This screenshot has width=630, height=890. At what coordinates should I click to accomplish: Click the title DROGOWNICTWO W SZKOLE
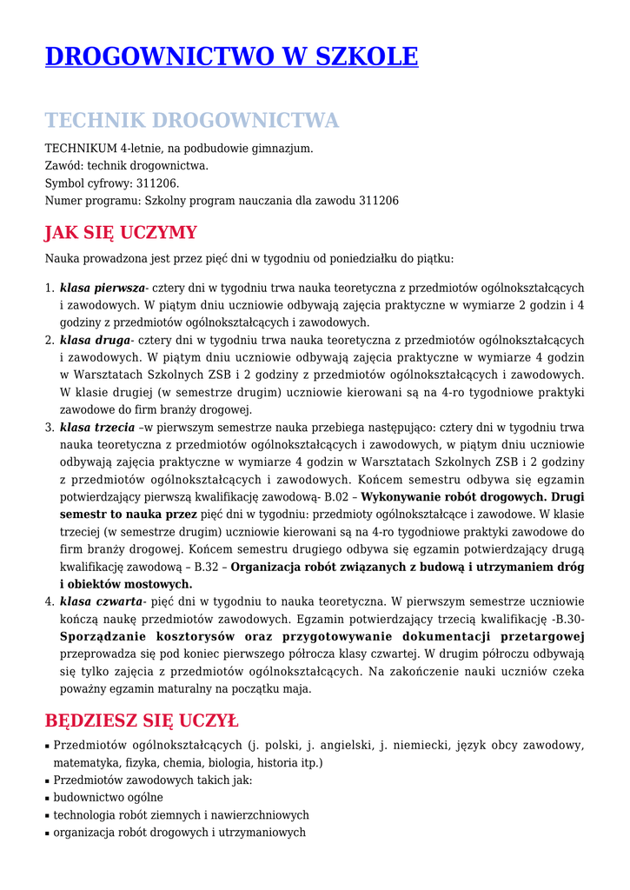[x=231, y=57]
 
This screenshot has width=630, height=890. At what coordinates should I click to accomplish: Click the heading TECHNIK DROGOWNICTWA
[x=191, y=120]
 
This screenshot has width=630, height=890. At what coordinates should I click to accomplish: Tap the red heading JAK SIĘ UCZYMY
[x=121, y=233]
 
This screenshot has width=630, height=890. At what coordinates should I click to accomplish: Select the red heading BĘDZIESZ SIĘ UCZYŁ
[x=141, y=721]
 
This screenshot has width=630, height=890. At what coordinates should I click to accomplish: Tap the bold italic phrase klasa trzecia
[x=97, y=428]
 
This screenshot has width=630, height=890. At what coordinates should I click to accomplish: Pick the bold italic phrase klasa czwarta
[x=100, y=601]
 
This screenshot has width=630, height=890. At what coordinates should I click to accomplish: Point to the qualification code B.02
[x=335, y=497]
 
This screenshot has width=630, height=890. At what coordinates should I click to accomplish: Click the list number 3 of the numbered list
[x=49, y=428]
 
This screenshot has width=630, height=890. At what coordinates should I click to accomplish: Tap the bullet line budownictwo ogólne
[x=108, y=798]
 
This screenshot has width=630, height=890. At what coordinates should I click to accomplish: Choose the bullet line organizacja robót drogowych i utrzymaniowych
[x=179, y=833]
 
